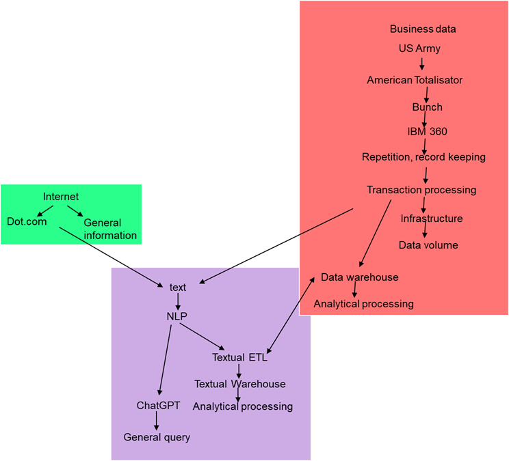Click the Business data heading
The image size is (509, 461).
click(422, 29)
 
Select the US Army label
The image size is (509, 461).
click(419, 48)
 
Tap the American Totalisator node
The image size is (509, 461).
click(414, 80)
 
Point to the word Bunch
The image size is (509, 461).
click(427, 107)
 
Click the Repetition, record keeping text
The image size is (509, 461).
click(423, 157)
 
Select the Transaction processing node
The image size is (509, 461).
click(421, 190)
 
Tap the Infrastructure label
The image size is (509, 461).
click(431, 219)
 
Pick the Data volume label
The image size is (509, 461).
click(428, 245)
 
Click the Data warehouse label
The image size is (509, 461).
click(359, 277)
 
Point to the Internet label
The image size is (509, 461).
click(61, 197)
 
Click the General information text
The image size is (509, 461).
click(109, 229)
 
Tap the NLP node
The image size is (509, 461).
click(177, 316)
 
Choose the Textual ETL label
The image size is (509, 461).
click(239, 357)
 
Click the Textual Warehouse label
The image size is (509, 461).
click(239, 384)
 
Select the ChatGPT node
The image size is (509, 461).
click(158, 405)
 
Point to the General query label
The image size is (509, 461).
click(157, 437)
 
